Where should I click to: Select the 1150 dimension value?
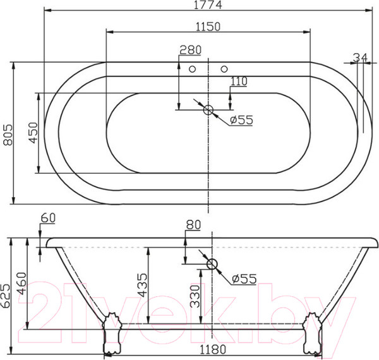click(208, 26)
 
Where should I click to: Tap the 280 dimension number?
click(190, 50)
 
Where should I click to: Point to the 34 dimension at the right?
click(360, 58)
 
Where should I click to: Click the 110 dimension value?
click(239, 81)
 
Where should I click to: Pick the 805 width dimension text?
click(8, 134)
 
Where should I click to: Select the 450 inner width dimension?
click(33, 133)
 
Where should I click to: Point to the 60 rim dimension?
click(48, 219)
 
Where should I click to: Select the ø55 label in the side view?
click(243, 279)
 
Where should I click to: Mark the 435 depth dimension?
click(142, 285)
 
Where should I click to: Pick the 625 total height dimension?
click(8, 295)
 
